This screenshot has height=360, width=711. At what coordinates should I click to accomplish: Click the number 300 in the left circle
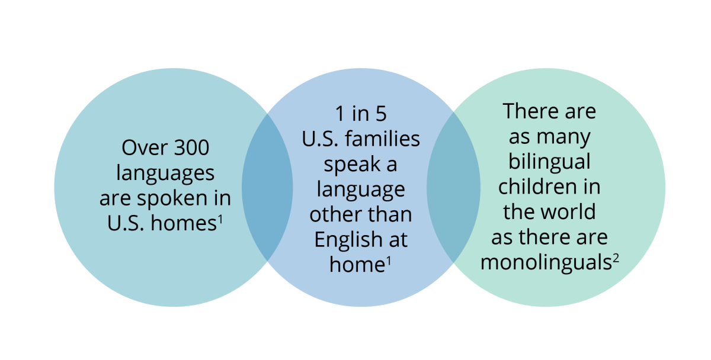[192, 147]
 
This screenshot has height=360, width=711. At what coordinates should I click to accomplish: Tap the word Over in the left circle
[145, 147]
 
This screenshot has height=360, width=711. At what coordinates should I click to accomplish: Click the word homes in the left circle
[184, 223]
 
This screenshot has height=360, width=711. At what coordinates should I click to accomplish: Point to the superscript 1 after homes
[220, 219]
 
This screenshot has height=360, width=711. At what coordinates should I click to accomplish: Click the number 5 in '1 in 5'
[381, 114]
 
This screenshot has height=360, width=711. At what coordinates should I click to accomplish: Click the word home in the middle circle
[357, 265]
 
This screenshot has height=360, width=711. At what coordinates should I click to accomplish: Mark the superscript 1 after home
[389, 261]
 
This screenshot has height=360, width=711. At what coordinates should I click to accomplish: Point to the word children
[537, 187]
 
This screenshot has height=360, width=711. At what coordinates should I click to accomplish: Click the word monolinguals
[546, 263]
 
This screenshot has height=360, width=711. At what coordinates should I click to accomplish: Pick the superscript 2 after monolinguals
[616, 258]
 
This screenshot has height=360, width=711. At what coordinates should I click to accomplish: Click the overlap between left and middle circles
[267, 187]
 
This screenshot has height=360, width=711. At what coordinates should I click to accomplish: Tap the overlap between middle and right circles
[453, 187]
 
